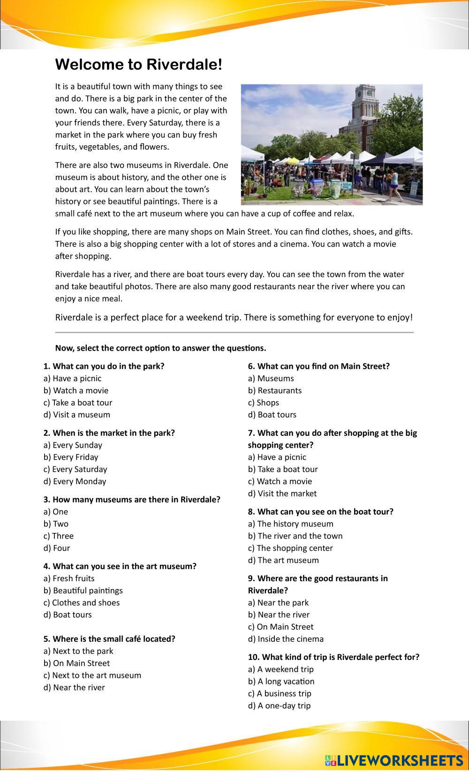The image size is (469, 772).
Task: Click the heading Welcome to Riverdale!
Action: tap(138, 65)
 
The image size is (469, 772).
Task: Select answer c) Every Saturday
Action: tap(75, 469)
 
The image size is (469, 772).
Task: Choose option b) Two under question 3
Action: tap(56, 524)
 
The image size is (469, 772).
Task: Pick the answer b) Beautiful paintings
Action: tap(83, 591)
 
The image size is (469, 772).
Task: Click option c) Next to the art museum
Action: tap(92, 675)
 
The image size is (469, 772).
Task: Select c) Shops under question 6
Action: tap(263, 403)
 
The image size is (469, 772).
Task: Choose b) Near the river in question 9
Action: tap(279, 615)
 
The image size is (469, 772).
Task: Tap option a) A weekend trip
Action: tap(280, 669)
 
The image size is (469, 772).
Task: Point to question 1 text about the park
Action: tap(104, 366)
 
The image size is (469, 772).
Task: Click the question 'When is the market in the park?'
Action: tap(109, 433)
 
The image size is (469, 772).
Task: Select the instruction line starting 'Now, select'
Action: tap(160, 348)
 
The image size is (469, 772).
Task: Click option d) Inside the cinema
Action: tap(286, 639)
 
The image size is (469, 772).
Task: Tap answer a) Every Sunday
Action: tap(73, 445)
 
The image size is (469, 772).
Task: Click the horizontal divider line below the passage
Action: tap(234, 332)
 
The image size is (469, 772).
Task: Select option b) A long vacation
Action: tap(281, 682)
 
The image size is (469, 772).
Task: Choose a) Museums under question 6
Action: tap(271, 378)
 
